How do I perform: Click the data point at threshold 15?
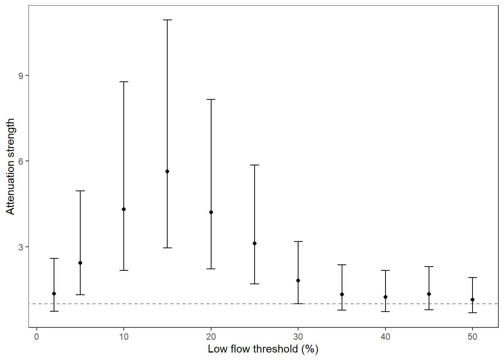coord(167,171)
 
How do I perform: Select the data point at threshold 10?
coord(124,209)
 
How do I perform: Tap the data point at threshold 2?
coord(54,294)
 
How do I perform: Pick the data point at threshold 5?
coord(80,263)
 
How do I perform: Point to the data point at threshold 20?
coord(211,212)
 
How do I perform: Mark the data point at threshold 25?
coord(255,243)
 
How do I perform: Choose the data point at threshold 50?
coord(472,300)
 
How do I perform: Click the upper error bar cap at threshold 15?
coord(167,20)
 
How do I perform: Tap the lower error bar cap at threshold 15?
coord(167,248)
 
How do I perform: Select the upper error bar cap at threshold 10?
coord(124,82)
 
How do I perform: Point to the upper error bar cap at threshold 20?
coord(211,99)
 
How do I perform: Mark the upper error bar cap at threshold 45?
coord(429,267)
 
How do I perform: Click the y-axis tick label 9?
coord(21,76)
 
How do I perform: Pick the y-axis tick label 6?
coord(21,161)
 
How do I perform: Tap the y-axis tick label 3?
coord(21,247)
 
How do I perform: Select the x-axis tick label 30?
coord(298,337)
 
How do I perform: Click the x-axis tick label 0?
coord(36,337)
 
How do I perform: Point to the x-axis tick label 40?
coord(385,337)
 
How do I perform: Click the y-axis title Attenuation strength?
coord(10,166)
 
